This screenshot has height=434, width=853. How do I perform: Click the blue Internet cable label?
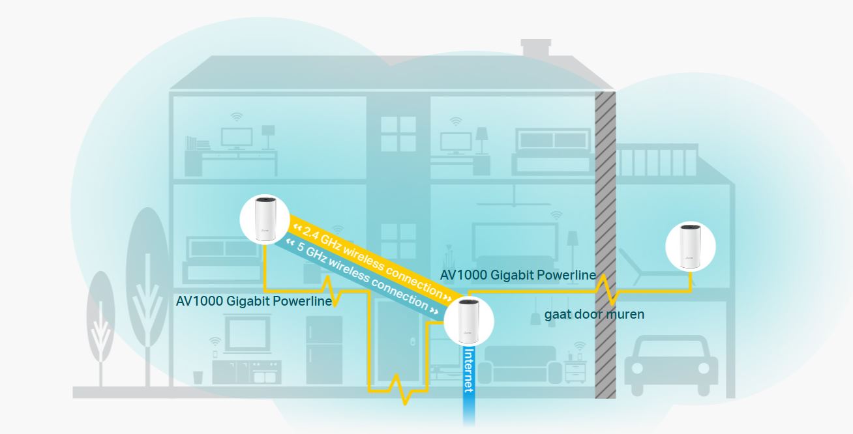468,370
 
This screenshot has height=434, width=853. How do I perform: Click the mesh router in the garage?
690,247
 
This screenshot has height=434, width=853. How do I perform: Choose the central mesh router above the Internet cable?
468,321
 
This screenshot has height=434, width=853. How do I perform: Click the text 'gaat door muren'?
594,315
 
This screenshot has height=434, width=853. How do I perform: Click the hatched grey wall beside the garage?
605,195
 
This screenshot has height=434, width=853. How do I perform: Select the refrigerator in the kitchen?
324,349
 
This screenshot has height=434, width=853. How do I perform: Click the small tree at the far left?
100,326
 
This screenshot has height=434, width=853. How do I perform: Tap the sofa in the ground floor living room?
520,366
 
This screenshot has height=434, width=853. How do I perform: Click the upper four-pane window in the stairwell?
398,134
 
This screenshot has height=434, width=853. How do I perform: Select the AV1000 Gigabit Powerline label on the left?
254,301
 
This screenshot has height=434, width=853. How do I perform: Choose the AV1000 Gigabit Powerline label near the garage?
518,275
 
